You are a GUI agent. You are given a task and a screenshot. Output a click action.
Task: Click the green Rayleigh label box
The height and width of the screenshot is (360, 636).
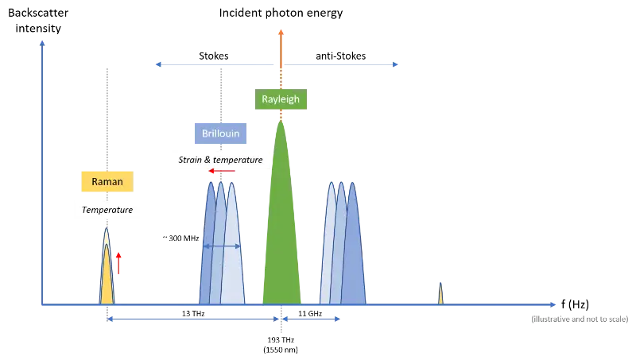tap(281, 101)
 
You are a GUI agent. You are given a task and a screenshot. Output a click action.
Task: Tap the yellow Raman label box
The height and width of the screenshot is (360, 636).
tap(106, 182)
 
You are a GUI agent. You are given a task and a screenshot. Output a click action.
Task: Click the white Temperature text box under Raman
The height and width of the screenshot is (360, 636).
tap(107, 211)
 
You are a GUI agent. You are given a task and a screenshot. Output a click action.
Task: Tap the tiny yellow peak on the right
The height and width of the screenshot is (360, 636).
tap(441, 295)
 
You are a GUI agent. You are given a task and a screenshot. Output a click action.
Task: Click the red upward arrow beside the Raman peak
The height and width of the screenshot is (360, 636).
tap(118, 263)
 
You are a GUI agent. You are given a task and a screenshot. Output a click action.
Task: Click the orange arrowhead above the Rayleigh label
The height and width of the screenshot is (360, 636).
tap(281, 33)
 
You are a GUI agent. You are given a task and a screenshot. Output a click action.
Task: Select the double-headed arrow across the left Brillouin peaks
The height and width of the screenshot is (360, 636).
tap(223, 247)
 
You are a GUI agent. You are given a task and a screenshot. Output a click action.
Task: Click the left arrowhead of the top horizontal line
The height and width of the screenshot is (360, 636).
tap(157, 64)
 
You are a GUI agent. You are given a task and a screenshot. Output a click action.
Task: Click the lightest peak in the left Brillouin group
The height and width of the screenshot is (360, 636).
tap(233, 262)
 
